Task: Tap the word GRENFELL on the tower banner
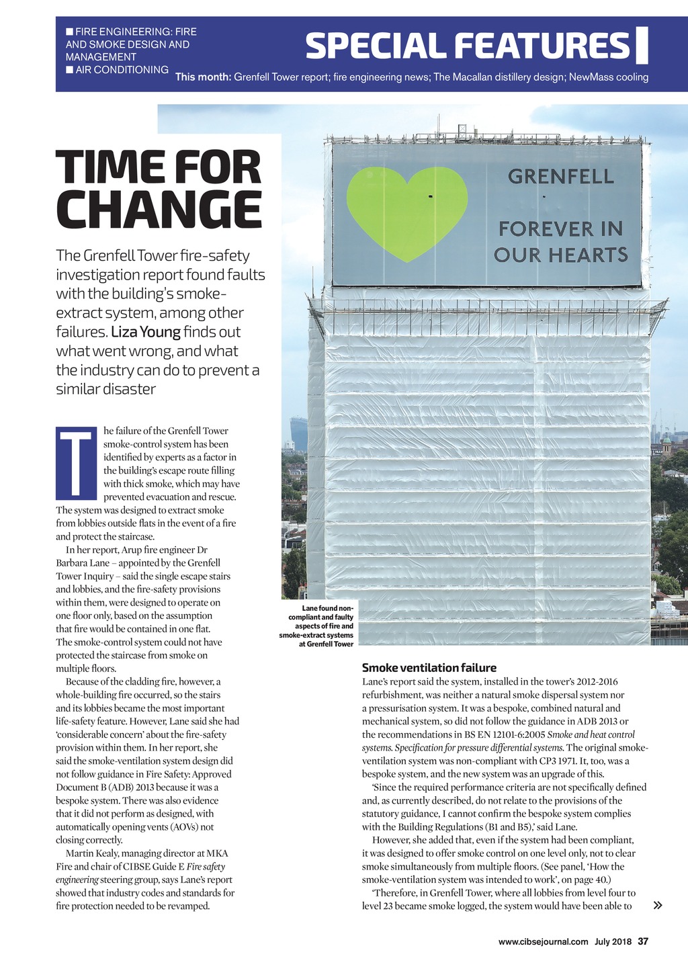pyautogui.click(x=561, y=177)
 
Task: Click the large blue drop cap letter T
pyautogui.click(x=77, y=464)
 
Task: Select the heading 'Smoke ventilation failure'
pyautogui.click(x=429, y=667)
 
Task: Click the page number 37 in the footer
pyautogui.click(x=643, y=941)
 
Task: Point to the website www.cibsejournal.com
pyautogui.click(x=543, y=941)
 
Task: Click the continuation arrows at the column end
pyautogui.click(x=658, y=905)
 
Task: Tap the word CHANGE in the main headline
pyautogui.click(x=159, y=210)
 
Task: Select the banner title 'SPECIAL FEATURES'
pyautogui.click(x=468, y=46)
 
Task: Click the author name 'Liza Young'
pyautogui.click(x=146, y=332)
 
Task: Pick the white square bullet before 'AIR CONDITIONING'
pyautogui.click(x=69, y=69)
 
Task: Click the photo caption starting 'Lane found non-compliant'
pyautogui.click(x=316, y=626)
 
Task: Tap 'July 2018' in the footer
pyautogui.click(x=613, y=941)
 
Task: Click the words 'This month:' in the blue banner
pyautogui.click(x=203, y=77)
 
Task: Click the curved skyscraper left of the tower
pyautogui.click(x=298, y=433)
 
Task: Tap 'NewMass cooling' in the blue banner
pyautogui.click(x=609, y=77)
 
